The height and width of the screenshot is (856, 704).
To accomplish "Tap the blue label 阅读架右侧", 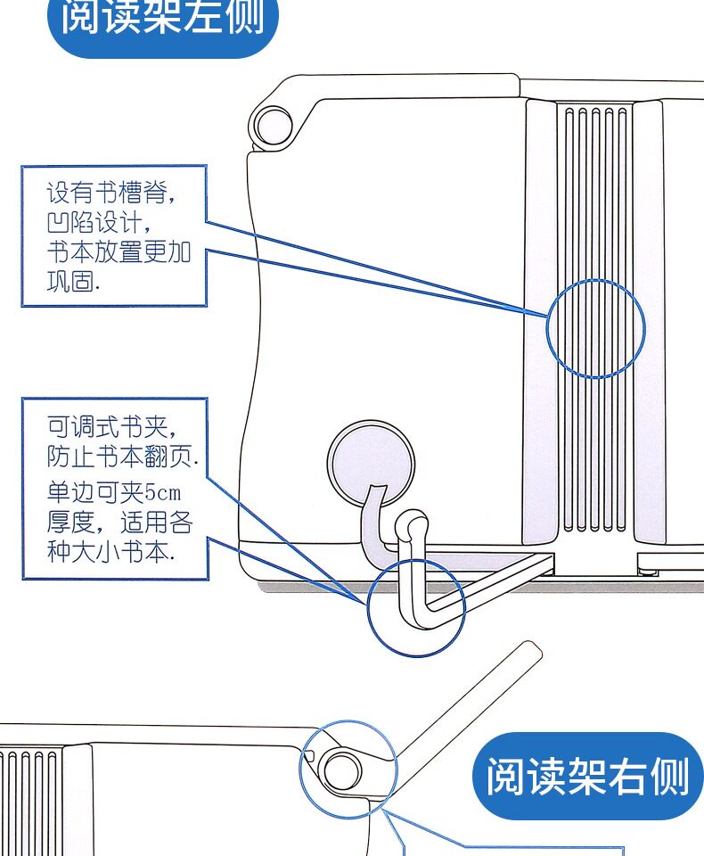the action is (587, 776).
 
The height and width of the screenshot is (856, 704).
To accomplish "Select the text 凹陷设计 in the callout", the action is (94, 223).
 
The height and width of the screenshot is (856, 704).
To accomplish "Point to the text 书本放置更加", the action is (119, 252).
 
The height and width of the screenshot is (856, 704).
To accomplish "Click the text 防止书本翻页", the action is (119, 456).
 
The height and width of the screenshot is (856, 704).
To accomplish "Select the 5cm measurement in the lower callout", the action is (162, 492).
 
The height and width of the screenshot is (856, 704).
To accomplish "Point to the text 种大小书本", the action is (108, 551).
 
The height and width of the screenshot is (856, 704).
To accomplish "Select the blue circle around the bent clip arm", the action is (367, 607).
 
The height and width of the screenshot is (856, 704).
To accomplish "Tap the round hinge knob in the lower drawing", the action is (342, 770).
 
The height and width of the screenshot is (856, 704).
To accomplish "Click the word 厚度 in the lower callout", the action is (70, 522).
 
